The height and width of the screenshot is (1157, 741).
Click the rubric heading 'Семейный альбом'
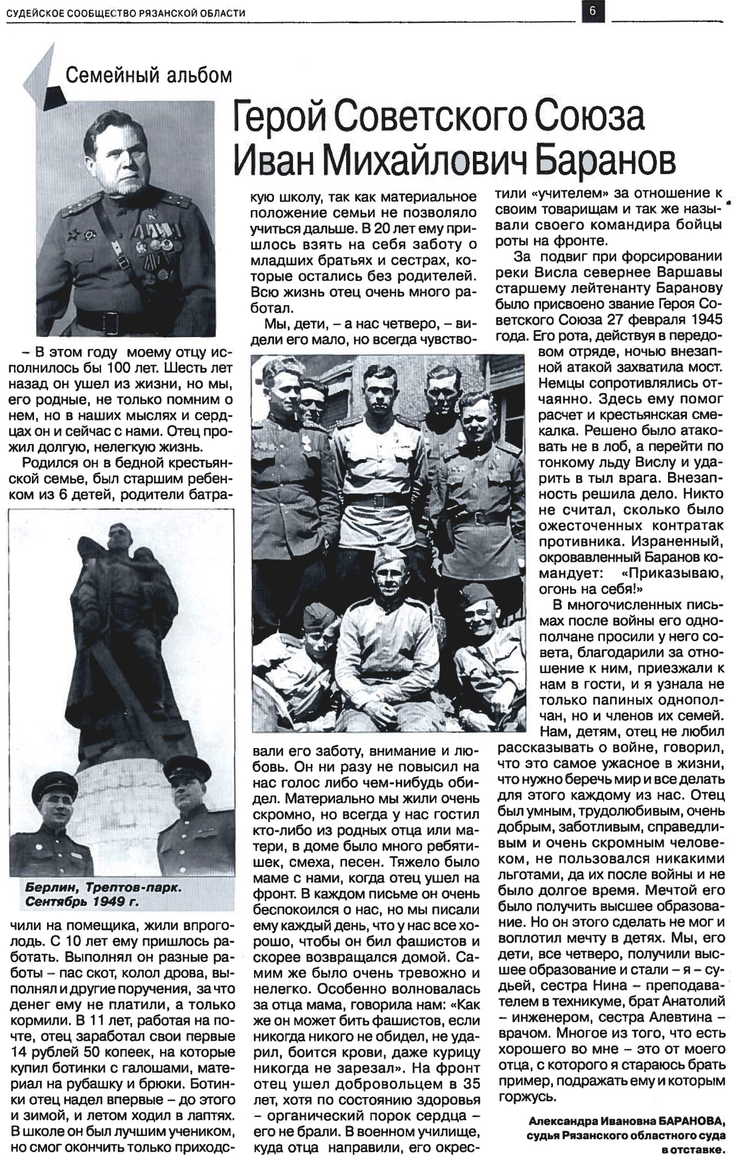148,75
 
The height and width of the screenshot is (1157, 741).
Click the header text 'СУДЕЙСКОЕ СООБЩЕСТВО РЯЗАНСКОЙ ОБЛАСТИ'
126,13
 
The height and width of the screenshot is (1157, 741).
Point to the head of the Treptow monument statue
116,538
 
